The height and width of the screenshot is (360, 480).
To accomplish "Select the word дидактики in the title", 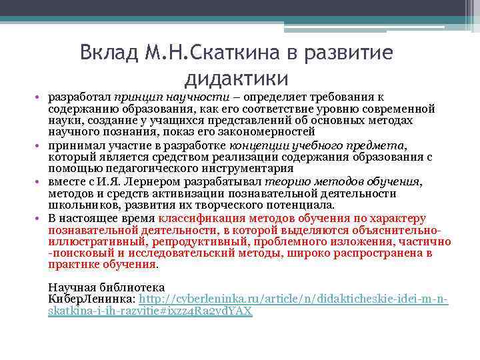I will (x=236, y=78).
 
